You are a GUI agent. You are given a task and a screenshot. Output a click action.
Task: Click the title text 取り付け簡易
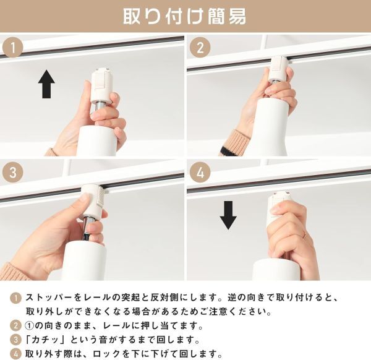coord(185,17)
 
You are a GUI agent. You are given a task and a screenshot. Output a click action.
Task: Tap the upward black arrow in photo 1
coord(46,84)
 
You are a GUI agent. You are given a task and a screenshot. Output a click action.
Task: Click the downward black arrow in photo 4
coord(228,215)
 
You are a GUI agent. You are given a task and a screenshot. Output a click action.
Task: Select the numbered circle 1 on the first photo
coord(13,48)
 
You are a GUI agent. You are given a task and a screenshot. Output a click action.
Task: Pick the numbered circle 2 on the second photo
coord(200,48)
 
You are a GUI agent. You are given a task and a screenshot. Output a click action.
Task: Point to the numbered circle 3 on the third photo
coord(13,172)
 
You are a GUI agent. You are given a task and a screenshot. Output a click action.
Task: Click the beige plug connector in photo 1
coord(101,86)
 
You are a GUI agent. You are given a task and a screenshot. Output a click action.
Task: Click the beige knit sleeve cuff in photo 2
coord(235,143)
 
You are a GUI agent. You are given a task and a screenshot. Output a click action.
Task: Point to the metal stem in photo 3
coord(87,228)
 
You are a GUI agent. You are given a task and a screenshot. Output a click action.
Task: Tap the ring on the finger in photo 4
coord(304,236)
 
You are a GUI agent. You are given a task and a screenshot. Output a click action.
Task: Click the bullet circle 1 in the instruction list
coord(15,298)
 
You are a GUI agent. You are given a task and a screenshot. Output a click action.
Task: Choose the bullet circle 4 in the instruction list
coord(15,354)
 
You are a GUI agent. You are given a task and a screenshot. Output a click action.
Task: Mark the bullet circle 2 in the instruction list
coord(15,326)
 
